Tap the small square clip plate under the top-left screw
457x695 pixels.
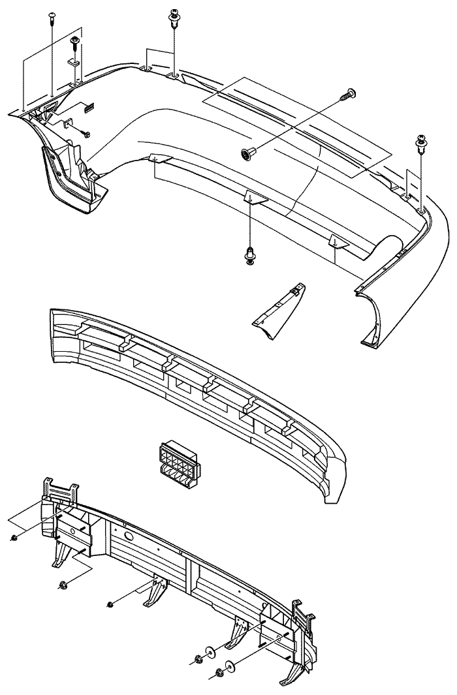(73, 63)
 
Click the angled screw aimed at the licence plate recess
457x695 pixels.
(346, 95)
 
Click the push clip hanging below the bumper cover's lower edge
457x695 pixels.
(250, 256)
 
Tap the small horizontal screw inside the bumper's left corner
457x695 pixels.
(85, 134)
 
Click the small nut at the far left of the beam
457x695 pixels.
(15, 538)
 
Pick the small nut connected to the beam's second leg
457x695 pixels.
(110, 605)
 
